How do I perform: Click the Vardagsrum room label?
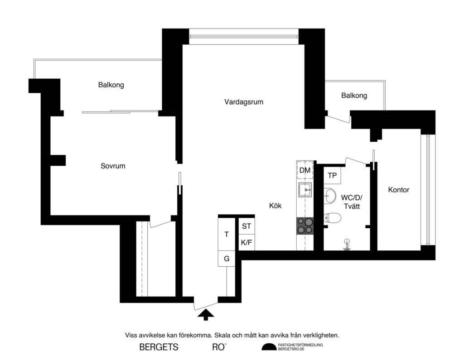244,102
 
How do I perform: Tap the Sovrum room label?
113,166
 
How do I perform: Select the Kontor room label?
399,190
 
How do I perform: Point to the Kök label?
275,206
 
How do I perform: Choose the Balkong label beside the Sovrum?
111,85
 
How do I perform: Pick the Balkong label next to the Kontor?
354,96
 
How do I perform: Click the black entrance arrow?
205,314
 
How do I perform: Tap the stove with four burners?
304,226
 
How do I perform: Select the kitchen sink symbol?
304,190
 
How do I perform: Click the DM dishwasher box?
305,170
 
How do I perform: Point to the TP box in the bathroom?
332,175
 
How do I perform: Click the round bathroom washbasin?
330,196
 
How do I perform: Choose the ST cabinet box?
246,226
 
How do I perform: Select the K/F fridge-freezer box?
246,243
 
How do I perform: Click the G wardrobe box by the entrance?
227,259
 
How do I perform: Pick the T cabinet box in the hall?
227,234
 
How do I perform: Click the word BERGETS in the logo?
159,348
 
